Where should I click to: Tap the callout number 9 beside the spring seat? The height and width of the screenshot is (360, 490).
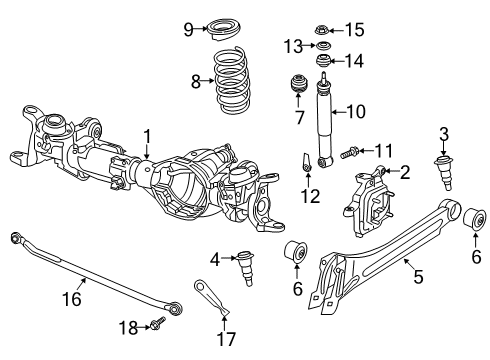click(x=188, y=29)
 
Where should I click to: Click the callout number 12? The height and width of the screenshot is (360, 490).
click(x=312, y=197)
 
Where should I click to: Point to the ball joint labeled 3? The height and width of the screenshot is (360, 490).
click(x=441, y=170)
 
